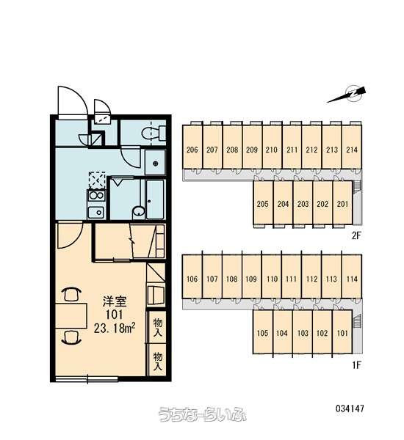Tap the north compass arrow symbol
tap(347, 95)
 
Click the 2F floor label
tap(356, 235)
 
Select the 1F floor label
tap(356, 365)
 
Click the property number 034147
tap(350, 408)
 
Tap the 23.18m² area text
tap(115, 328)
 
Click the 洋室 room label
tap(115, 302)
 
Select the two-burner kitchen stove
tap(97, 196)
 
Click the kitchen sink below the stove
tap(97, 213)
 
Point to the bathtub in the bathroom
tap(155, 199)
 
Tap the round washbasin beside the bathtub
tap(138, 212)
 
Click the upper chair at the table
tap(71, 294)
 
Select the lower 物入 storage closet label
tap(158, 362)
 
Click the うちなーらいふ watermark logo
tap(202, 414)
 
